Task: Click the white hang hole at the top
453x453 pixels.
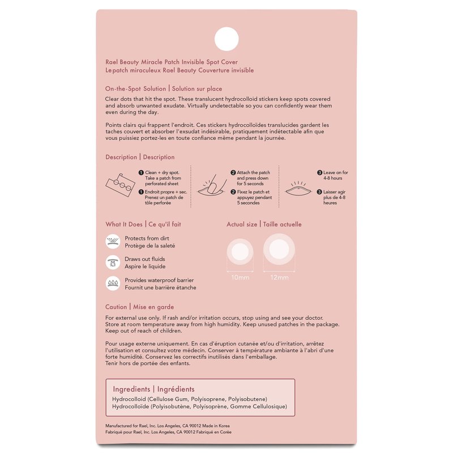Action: (x=226, y=39)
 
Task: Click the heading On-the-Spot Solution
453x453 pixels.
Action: (x=135, y=89)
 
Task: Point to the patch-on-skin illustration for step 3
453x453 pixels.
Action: (x=301, y=189)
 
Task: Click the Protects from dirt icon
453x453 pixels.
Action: (x=113, y=242)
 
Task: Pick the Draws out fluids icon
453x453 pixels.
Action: (x=113, y=263)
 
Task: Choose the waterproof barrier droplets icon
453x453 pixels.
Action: (x=113, y=284)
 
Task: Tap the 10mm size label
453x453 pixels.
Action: (x=240, y=277)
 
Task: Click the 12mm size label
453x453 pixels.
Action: (x=279, y=277)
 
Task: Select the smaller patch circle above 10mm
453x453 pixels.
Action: (x=240, y=252)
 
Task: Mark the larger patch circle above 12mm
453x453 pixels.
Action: (x=279, y=250)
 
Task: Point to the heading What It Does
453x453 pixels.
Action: (x=124, y=224)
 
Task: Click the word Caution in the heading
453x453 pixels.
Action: (x=116, y=307)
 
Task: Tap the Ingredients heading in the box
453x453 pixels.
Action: (x=131, y=390)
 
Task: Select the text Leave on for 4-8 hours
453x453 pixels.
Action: (x=336, y=175)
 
